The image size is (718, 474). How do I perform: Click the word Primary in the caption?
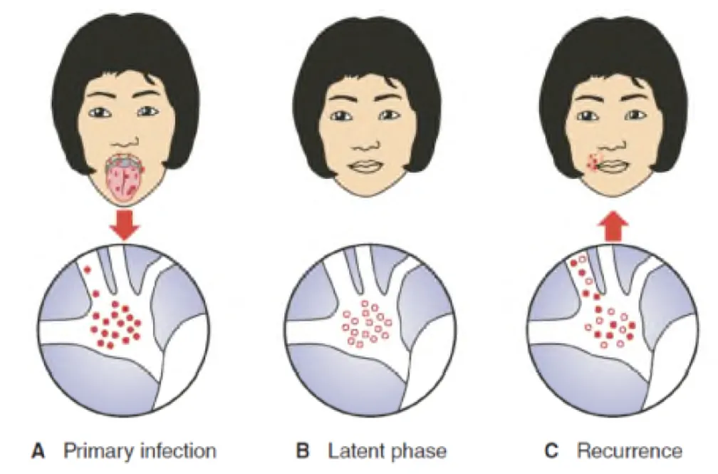click(92, 450)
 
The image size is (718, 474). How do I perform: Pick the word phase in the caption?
click(416, 450)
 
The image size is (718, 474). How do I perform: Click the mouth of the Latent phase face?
click(367, 167)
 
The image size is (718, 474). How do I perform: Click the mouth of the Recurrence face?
click(613, 167)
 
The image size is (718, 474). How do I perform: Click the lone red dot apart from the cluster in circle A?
click(88, 269)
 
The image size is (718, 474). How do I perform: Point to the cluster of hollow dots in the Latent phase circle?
click(365, 323)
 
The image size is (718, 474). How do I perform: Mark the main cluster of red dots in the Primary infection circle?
click(114, 322)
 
